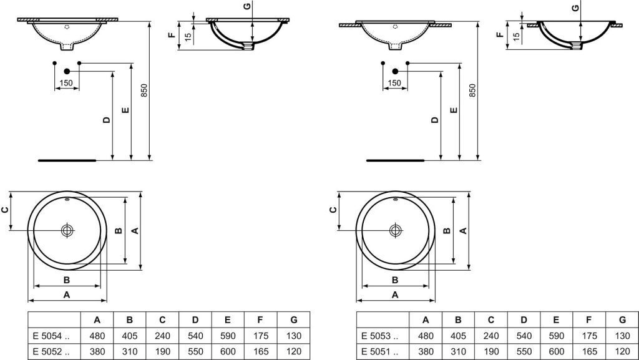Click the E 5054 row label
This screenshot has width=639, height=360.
(51, 336)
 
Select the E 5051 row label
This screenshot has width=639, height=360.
(380, 351)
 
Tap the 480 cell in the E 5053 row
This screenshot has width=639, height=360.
(426, 336)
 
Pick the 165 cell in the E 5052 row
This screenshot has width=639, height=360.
(260, 351)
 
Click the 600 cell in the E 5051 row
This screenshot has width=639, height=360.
(556, 351)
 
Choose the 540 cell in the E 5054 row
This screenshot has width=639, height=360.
(195, 336)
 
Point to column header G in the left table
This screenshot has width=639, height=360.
(294, 320)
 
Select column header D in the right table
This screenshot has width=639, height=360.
(524, 320)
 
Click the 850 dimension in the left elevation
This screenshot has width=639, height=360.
(144, 90)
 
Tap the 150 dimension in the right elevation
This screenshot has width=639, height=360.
(394, 83)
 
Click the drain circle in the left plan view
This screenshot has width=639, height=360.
(67, 230)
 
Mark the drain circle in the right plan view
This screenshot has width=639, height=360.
(395, 230)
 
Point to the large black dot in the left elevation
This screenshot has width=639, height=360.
(67, 71)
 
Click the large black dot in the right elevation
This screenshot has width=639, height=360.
(395, 71)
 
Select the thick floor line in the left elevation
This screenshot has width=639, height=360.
(67, 160)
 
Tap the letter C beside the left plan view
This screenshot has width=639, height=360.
(5, 210)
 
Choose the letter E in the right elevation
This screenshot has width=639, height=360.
(454, 110)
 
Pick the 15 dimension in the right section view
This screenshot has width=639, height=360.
(516, 37)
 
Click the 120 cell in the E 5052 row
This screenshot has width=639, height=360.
(294, 351)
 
